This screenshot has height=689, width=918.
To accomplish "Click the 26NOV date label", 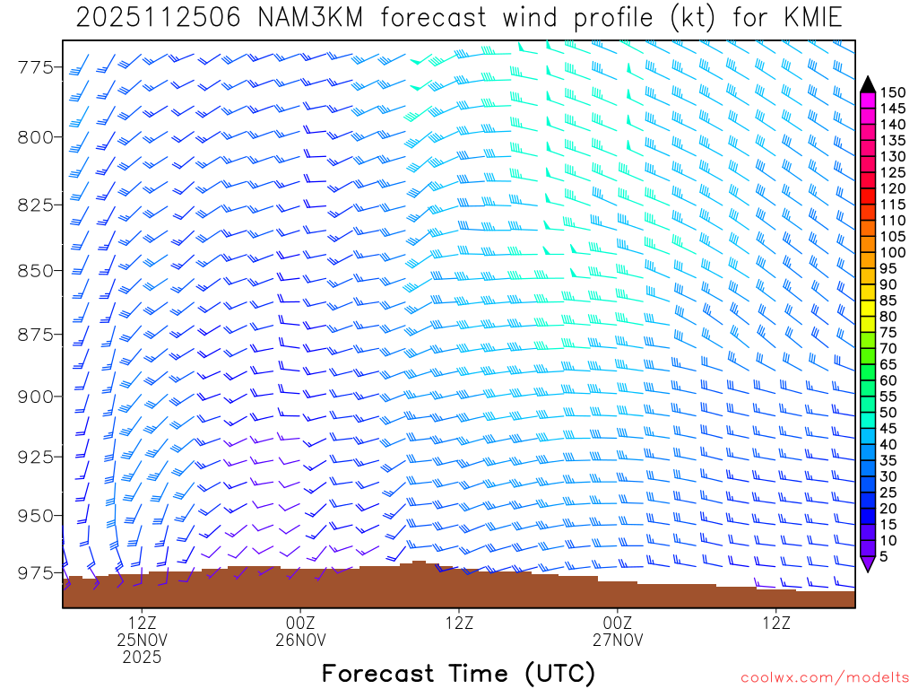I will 300,640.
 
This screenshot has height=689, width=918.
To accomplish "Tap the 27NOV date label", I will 618,640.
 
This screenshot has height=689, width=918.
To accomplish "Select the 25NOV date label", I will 143,640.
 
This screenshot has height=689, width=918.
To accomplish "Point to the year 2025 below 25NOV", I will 143,658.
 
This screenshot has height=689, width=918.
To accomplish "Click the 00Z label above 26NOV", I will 300,623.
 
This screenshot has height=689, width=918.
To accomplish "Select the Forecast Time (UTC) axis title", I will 458,673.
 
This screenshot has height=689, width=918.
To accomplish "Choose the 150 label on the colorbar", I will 892,92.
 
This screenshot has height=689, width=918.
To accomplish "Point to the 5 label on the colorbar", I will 884,556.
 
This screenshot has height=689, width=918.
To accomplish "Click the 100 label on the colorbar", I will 892,253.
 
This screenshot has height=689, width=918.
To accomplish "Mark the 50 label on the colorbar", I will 888,412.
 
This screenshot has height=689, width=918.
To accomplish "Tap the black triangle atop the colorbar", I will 867,83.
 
